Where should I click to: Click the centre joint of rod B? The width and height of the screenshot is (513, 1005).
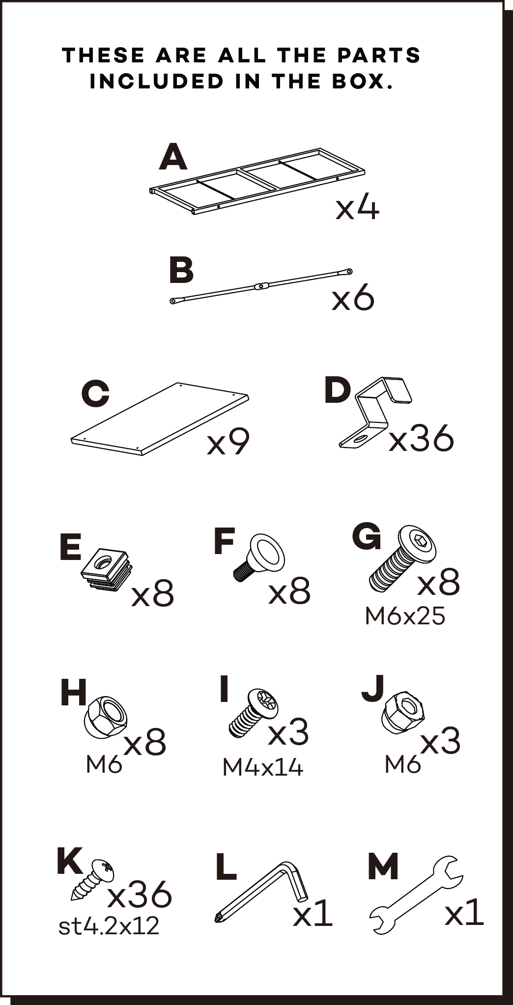[x=261, y=285]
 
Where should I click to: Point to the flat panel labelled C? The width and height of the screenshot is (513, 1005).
[x=160, y=419]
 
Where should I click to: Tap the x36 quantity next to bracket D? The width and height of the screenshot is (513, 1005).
[x=421, y=438]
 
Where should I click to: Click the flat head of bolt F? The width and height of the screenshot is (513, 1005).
[x=268, y=553]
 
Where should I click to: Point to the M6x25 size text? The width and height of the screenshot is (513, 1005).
[x=405, y=616]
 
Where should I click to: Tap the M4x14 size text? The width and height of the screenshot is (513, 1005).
[x=263, y=767]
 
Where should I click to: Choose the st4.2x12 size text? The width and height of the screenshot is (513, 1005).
[x=109, y=926]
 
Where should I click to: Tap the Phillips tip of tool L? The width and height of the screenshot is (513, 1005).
[x=218, y=917]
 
